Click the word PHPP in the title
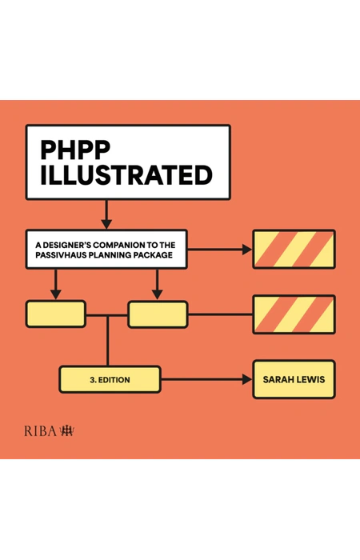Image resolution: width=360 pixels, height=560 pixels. click(x=75, y=150)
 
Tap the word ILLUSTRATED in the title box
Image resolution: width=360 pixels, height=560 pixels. click(x=126, y=175)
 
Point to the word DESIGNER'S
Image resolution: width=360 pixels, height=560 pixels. click(x=66, y=245)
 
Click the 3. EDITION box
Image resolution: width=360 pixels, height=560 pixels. click(x=110, y=379)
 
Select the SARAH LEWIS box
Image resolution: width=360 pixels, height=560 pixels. click(x=294, y=379)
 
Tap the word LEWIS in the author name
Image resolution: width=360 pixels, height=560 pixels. click(x=310, y=379)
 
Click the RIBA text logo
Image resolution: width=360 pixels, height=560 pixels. click(x=40, y=431)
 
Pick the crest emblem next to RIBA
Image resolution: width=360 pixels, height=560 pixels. click(x=66, y=430)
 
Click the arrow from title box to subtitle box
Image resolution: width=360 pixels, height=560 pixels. click(x=106, y=214)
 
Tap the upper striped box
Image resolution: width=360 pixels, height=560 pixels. click(x=294, y=249)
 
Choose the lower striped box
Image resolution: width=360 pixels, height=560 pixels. click(x=294, y=314)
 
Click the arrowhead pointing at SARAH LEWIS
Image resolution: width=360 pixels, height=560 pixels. click(x=247, y=379)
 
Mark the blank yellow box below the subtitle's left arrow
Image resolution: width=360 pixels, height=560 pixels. click(x=56, y=314)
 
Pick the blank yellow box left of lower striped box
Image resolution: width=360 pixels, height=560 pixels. click(x=158, y=314)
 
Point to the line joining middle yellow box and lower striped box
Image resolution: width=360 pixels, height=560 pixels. click(x=220, y=314)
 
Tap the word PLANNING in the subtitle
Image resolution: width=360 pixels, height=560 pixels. click(x=110, y=255)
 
